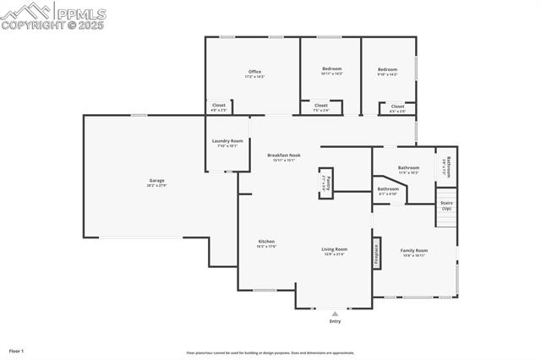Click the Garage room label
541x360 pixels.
point(157,180)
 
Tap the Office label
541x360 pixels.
point(254,71)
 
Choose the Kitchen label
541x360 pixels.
point(266,242)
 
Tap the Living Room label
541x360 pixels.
point(335,249)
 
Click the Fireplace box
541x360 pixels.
point(376,256)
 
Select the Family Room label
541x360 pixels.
point(414,250)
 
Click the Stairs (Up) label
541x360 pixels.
point(445,205)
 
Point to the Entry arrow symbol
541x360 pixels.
point(335,314)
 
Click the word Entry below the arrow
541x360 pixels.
point(335,322)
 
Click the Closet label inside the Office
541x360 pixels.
point(218,106)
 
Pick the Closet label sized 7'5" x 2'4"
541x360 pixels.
point(321,106)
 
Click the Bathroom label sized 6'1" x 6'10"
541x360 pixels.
point(388,189)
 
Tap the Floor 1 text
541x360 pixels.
point(16,350)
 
